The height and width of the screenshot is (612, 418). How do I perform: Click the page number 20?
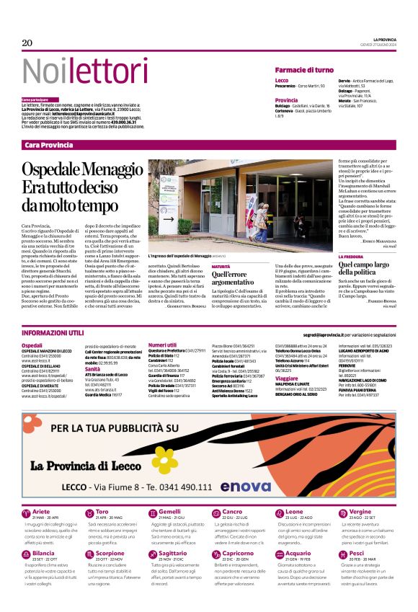coord(27,43)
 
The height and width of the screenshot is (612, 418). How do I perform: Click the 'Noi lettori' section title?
coord(74,71)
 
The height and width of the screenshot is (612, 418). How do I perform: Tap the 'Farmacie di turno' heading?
coord(304,70)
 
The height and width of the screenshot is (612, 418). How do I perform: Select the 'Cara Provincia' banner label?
coord(49,145)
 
